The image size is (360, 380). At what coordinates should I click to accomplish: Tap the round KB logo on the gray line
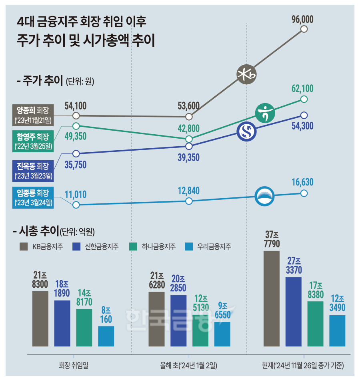246,74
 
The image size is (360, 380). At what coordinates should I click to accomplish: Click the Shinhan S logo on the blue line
246,132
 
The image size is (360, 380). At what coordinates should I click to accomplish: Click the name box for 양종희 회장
34,114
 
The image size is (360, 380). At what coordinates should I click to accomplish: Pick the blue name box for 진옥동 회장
34,169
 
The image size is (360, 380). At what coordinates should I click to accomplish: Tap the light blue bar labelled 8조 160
106,336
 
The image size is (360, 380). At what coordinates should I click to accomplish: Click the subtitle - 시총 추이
36,231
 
